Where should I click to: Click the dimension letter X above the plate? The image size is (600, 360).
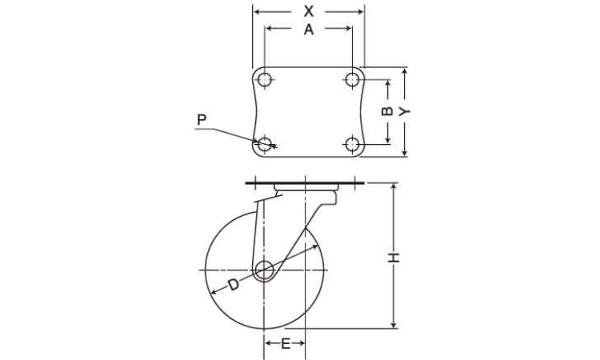(x=309, y=11)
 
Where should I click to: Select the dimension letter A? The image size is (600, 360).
(x=309, y=29)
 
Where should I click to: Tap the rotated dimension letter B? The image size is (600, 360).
(x=387, y=111)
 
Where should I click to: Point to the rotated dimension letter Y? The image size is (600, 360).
(x=404, y=111)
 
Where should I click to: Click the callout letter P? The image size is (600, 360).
(x=202, y=120)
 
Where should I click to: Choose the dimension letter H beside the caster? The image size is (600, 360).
(x=394, y=258)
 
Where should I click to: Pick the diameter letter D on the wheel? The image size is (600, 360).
(x=233, y=285)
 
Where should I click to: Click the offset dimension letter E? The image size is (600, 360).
(x=286, y=343)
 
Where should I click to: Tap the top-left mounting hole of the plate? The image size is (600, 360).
(x=265, y=80)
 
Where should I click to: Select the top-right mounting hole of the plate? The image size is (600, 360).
(x=352, y=79)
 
